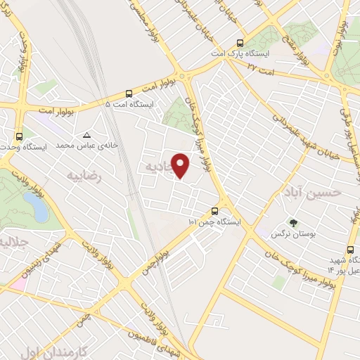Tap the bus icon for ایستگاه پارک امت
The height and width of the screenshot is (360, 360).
(x=240, y=42)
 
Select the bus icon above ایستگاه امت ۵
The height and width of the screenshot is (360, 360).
(x=129, y=93)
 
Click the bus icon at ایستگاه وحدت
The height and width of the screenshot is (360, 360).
(x=18, y=136)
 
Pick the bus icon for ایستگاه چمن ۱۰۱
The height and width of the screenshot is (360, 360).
(x=215, y=210)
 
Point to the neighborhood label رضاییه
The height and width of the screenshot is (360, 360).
(x=84, y=176)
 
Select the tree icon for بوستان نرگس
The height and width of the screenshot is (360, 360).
(x=292, y=223)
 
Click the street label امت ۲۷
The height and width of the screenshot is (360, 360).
(x=262, y=66)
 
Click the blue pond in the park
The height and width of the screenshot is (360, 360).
(x=34, y=205)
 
